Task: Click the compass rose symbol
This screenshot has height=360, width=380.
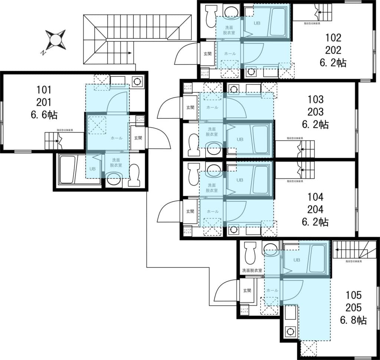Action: pyautogui.click(x=56, y=40)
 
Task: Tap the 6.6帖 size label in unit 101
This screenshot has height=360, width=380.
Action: pyautogui.click(x=44, y=115)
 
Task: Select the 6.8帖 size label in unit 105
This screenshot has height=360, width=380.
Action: pyautogui.click(x=353, y=320)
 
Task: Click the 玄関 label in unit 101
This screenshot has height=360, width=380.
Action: pyautogui.click(x=138, y=138)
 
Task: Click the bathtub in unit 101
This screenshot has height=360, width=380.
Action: pyautogui.click(x=67, y=170)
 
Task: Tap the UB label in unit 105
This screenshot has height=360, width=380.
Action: pyautogui.click(x=297, y=260)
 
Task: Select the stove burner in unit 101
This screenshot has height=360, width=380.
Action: pyautogui.click(x=137, y=81)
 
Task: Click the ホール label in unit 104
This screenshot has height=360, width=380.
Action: pyautogui.click(x=212, y=211)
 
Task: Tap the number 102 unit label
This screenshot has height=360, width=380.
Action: pyautogui.click(x=333, y=37)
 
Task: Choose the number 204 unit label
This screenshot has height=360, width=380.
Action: pyautogui.click(x=315, y=209)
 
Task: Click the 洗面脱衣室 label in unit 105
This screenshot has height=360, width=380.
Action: pyautogui.click(x=252, y=271)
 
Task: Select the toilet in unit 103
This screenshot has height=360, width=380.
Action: pyautogui.click(x=193, y=145)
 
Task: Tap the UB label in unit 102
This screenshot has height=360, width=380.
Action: pyautogui.click(x=257, y=23)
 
